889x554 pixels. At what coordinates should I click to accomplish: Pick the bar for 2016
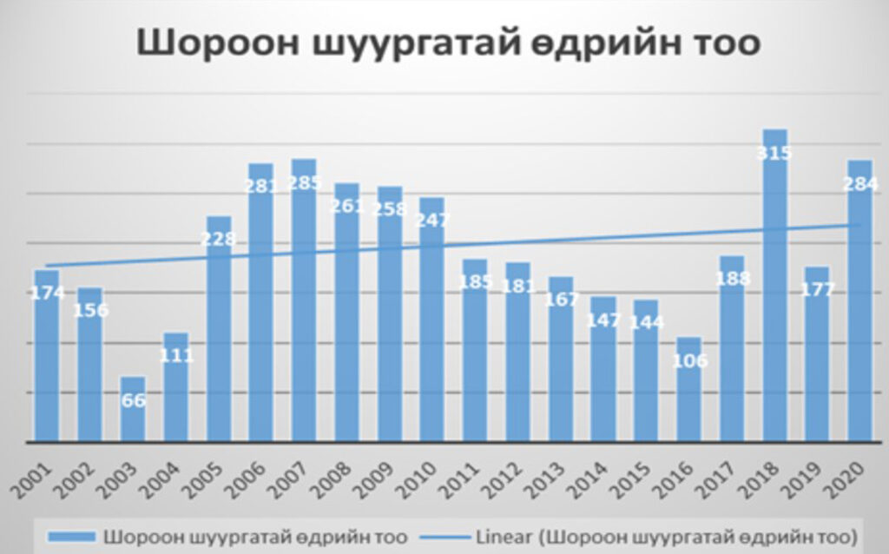688,399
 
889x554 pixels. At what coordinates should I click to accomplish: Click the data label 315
774,154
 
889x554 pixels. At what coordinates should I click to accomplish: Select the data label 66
133,400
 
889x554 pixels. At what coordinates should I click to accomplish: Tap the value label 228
219,239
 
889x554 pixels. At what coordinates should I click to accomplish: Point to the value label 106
689,360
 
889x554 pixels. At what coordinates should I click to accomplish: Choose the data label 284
860,184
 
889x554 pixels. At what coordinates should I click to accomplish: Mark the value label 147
603,320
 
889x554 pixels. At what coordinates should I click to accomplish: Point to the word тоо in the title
721,44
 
